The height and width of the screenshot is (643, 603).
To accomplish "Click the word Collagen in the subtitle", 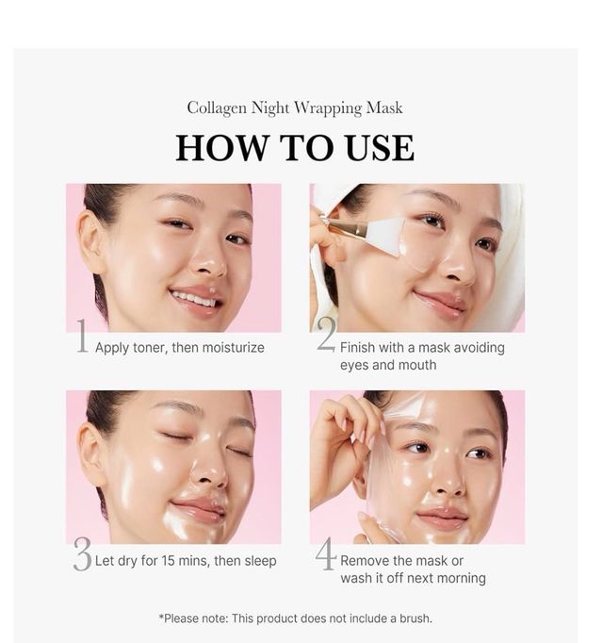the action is click(217, 108).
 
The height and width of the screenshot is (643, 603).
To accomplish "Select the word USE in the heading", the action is click(379, 148).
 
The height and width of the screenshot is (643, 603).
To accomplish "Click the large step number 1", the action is click(82, 337).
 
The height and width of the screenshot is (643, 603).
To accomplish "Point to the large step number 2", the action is click(326, 334).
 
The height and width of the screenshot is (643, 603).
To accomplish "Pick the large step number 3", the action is click(82, 554).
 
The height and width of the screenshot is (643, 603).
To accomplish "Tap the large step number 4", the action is click(326, 553).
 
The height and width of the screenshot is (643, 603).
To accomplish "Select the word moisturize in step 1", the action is click(234, 348).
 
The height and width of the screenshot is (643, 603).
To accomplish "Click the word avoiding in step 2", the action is click(480, 348).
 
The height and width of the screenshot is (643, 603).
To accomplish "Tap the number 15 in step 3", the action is click(168, 561).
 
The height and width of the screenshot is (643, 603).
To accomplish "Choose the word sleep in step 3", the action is click(260, 561).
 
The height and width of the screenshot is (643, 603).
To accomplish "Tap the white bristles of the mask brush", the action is click(383, 236).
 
